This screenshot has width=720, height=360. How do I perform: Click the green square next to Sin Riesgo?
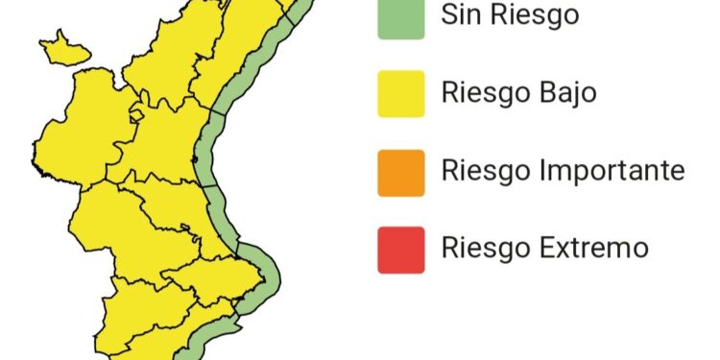tap(401, 17)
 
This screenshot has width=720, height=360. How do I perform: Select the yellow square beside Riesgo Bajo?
tap(401, 93)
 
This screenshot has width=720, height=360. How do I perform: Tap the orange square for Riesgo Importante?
tap(401, 172)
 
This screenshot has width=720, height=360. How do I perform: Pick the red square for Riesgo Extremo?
tap(401, 249)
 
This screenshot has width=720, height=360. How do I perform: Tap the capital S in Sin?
tap(448, 16)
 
